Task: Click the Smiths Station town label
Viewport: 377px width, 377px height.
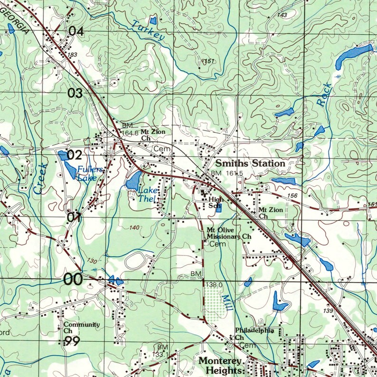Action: coord(250,163)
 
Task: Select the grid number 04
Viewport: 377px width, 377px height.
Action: coord(76,32)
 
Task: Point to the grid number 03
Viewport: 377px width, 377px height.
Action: coord(75,93)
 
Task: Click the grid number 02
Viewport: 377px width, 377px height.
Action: coord(75,155)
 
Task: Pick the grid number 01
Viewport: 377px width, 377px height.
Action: coord(74,218)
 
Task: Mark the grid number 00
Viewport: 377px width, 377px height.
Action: coord(73,280)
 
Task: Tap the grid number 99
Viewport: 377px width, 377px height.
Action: coord(72,341)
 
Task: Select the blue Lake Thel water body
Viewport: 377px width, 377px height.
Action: coord(132,179)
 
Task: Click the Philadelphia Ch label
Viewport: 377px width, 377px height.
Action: coord(254,334)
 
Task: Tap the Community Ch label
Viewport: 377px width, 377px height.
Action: coord(81,327)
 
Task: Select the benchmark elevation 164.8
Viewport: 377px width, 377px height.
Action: coord(130,133)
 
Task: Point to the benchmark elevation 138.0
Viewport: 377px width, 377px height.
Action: coord(214,284)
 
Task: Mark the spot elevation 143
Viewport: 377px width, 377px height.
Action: coord(282,16)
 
